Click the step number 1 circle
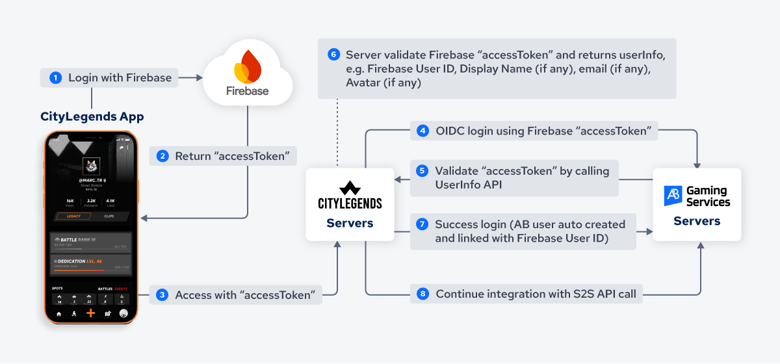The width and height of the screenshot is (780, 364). click(x=56, y=78)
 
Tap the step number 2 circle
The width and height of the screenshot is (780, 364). click(x=162, y=156)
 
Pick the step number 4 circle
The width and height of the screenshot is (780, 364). click(x=423, y=131)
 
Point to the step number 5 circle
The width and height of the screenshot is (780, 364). click(x=422, y=171)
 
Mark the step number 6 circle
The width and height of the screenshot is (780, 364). click(x=333, y=55)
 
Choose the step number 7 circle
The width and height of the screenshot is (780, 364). click(x=422, y=224)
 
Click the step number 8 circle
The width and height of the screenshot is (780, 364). click(x=423, y=294)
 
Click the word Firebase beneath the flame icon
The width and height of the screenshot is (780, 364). click(x=247, y=91)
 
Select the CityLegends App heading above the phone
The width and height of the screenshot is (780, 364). click(x=92, y=117)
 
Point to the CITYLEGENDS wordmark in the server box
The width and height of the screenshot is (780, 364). click(x=350, y=203)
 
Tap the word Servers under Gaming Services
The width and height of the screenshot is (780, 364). click(x=697, y=221)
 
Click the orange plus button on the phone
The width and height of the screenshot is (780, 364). click(x=90, y=313)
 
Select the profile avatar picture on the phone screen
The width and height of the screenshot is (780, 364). click(x=90, y=166)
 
